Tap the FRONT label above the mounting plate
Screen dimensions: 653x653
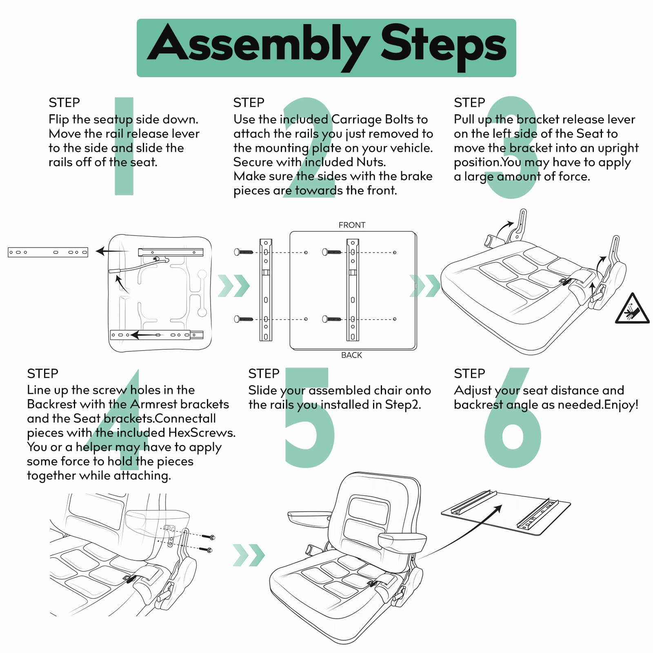click(352, 225)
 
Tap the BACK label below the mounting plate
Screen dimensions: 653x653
click(351, 355)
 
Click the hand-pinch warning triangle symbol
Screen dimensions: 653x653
click(632, 309)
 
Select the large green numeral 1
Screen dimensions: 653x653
click(124, 146)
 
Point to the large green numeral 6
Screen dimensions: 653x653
click(513, 417)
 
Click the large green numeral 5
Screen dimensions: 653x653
click(309, 417)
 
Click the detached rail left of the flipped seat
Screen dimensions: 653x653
click(48, 252)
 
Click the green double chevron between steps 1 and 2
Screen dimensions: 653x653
click(233, 286)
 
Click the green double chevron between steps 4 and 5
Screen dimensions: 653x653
click(249, 555)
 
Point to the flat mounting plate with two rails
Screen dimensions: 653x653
click(506, 513)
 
